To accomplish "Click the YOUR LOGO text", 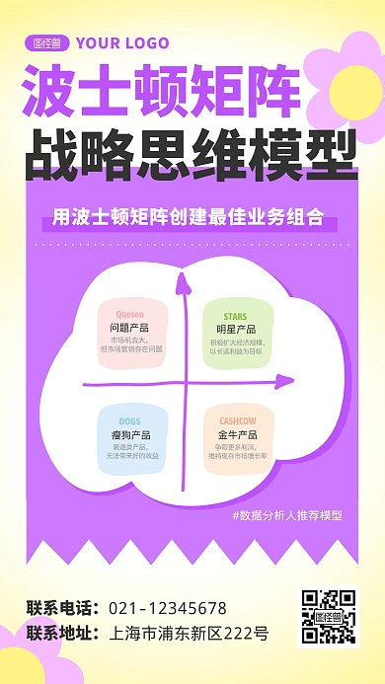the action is [x=121, y=42].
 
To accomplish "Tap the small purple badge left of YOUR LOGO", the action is [x=46, y=42].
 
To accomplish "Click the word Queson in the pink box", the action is [x=130, y=314].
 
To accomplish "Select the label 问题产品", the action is [x=130, y=328].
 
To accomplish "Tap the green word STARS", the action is [x=236, y=315].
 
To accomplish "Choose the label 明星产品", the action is [x=236, y=329].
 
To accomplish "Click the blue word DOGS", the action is [x=130, y=421].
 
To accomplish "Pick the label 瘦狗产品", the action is [x=130, y=434].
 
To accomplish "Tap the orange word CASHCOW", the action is [x=237, y=421].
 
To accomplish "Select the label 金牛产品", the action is [x=237, y=434].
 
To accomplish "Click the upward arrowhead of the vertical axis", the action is [x=183, y=283].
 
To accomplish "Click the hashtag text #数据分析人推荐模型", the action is [x=286, y=515].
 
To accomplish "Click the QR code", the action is [x=328, y=618].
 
